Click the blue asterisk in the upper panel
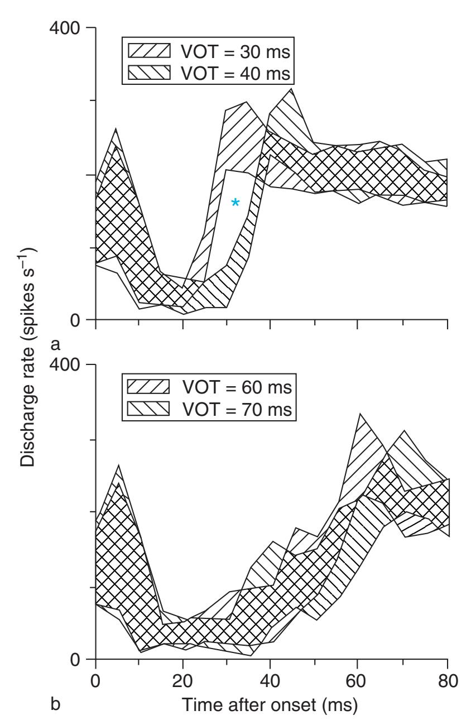[235, 203]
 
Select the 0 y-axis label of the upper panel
[75, 320]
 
